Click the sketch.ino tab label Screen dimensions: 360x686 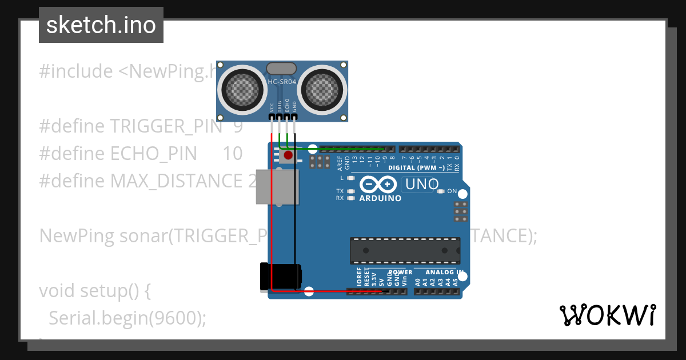click(101, 25)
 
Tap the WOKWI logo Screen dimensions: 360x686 click(607, 315)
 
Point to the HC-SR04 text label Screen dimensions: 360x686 click(282, 82)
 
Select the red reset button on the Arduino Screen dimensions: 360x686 click(289, 155)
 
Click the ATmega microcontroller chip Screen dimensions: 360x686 click(405, 251)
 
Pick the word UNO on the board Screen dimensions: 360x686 click(422, 185)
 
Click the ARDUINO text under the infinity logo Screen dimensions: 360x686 click(380, 198)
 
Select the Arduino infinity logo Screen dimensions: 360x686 click(378, 185)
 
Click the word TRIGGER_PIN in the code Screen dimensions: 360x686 click(166, 126)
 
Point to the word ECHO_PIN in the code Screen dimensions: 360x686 click(153, 154)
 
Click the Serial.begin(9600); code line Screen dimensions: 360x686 click(127, 318)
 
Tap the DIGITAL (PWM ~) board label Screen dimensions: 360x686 click(416, 168)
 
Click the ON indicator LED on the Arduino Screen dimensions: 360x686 click(440, 191)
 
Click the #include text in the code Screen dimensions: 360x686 click(76, 71)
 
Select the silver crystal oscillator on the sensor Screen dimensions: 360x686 click(281, 68)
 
